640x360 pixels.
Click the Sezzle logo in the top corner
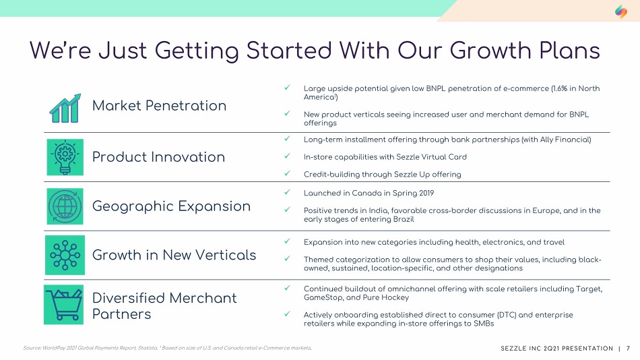(621, 12)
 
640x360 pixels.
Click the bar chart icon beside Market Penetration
(65, 109)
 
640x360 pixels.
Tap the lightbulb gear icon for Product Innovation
(65, 157)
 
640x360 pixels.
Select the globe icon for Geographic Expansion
(65, 206)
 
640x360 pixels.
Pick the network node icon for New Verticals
(65, 255)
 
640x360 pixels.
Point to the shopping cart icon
(64, 305)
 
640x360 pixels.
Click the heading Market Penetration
(159, 106)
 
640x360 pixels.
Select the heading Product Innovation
(158, 157)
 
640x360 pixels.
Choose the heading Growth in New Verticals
(174, 255)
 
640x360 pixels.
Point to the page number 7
(628, 349)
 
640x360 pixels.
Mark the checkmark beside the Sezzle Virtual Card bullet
(288, 156)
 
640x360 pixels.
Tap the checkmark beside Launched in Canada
(288, 192)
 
